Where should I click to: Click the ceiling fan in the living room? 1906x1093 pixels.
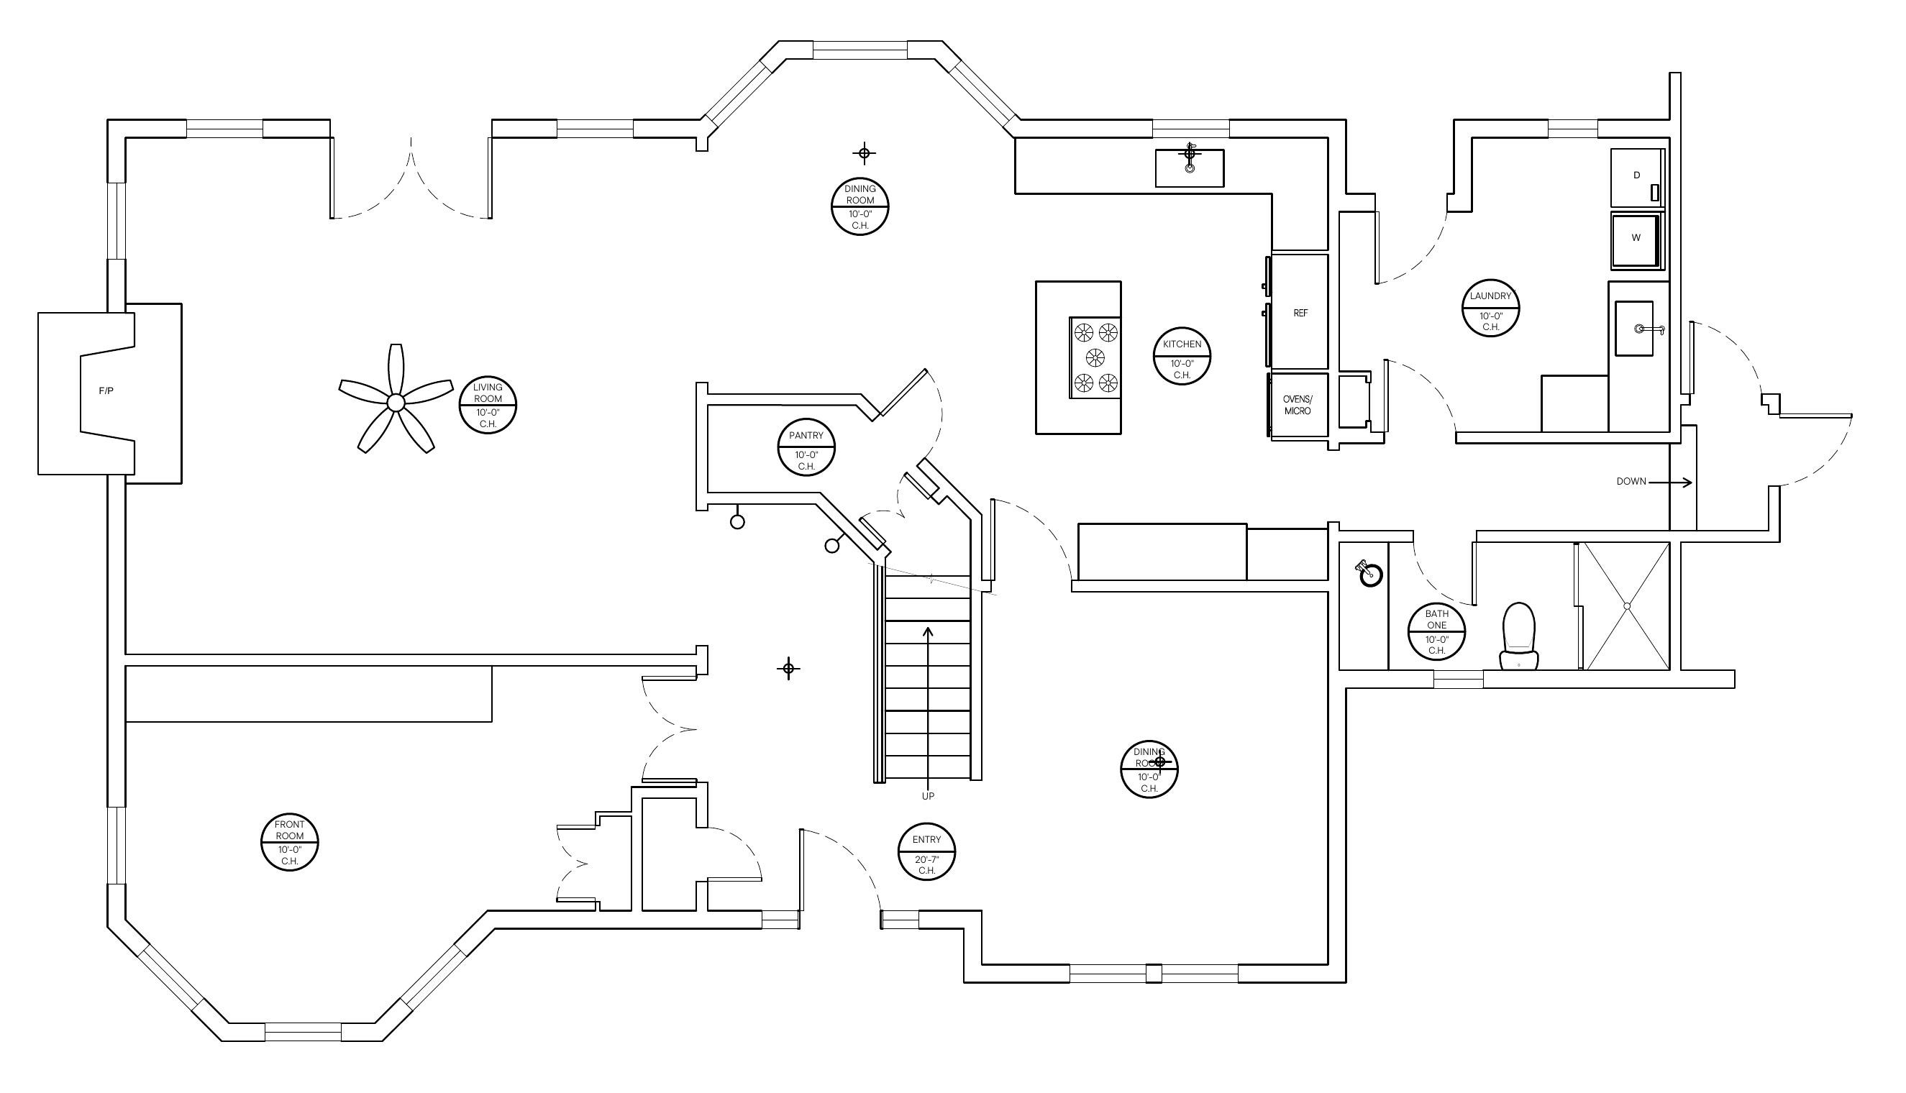click(x=396, y=403)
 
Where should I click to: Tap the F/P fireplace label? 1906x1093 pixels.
click(x=106, y=391)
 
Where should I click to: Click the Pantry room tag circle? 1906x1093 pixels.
click(x=806, y=447)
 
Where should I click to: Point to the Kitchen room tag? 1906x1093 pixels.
click(x=1182, y=356)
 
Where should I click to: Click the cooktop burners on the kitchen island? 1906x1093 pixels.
click(x=1095, y=357)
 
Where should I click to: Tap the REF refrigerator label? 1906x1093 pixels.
click(x=1301, y=313)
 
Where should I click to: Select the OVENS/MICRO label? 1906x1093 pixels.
click(x=1298, y=406)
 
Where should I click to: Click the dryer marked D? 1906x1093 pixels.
click(x=1637, y=177)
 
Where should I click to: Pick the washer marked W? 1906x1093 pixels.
click(x=1637, y=240)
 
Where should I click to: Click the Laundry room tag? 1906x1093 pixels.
click(x=1491, y=308)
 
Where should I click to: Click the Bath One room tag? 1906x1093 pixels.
click(x=1437, y=631)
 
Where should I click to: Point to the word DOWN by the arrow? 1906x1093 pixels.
click(x=1631, y=482)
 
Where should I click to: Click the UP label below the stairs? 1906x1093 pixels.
click(x=928, y=797)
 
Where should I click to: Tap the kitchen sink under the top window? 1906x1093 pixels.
click(x=1189, y=168)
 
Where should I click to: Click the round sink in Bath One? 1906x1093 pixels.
click(x=1371, y=575)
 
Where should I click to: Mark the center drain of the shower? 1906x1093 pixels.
click(x=1627, y=605)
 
